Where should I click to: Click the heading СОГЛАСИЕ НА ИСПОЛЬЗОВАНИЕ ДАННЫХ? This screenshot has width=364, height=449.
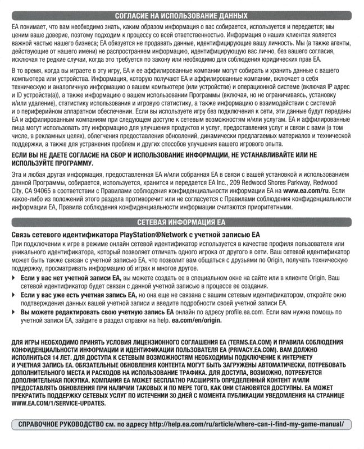pyautogui.click(x=181, y=16)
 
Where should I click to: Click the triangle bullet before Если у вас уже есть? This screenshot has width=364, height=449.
pyautogui.click(x=14, y=294)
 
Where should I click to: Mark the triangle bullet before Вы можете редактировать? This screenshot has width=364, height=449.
pyautogui.click(x=14, y=310)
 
